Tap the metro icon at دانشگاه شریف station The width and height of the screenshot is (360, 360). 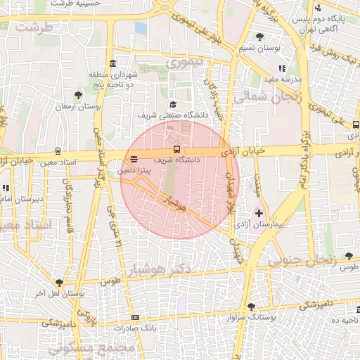click(176, 149)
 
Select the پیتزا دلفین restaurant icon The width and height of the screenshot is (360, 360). click(134, 158)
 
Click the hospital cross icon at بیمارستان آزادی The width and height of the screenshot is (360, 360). click(259, 212)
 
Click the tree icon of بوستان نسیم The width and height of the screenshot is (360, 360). click(260, 36)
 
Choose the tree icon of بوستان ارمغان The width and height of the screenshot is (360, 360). click(78, 95)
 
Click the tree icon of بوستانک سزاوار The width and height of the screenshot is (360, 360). click(252, 306)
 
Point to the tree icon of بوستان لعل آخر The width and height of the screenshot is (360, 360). click(58, 283)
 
